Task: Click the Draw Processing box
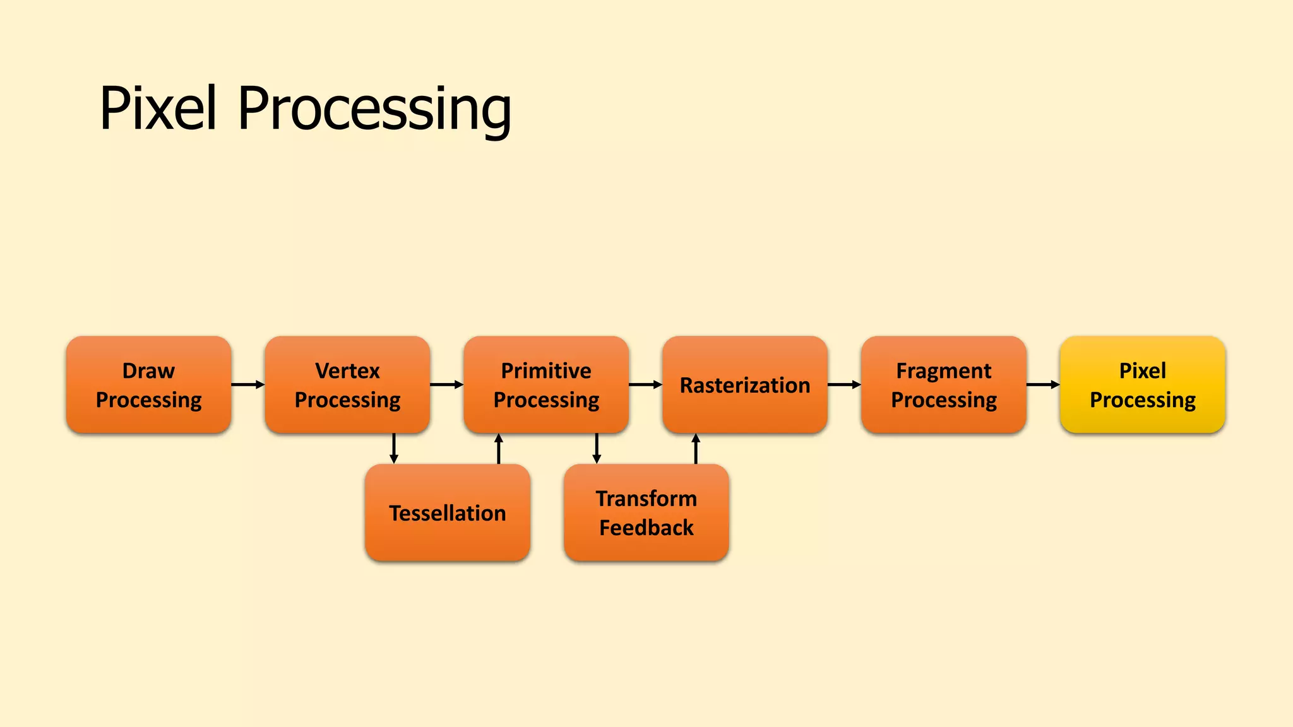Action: tap(148, 384)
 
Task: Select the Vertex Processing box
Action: tap(347, 384)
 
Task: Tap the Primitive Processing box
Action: tap(546, 384)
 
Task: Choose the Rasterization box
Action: tap(745, 384)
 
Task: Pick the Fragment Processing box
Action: tap(944, 384)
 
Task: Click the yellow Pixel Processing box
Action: tap(1143, 384)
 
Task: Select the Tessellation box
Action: tap(448, 512)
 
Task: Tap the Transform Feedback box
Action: tap(646, 512)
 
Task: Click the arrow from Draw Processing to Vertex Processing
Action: tap(248, 384)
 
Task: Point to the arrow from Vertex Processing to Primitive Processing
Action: tap(447, 384)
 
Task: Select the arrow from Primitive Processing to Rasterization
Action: tap(646, 384)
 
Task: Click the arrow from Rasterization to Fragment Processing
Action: tap(845, 384)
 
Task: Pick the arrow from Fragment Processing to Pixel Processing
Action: tap(1044, 384)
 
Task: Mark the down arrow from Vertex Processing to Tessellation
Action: tap(394, 449)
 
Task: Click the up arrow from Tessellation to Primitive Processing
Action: tap(499, 449)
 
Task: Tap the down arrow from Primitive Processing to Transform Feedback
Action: tap(597, 449)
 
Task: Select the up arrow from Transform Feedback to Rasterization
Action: tap(696, 449)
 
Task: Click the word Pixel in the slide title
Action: tap(158, 109)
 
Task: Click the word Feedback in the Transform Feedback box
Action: tap(646, 528)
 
